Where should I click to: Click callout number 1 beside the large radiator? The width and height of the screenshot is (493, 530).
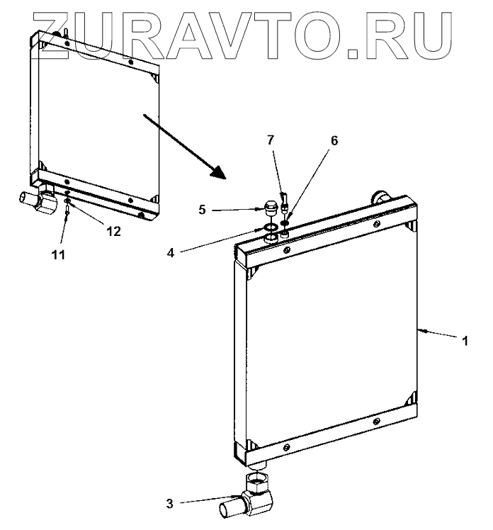465,341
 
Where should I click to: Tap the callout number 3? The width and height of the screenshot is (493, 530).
169,504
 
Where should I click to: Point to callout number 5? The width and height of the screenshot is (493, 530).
182,210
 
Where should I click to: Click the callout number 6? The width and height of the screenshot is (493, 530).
334,141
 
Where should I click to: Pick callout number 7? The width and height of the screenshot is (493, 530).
271,140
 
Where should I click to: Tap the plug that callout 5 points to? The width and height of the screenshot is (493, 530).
269,208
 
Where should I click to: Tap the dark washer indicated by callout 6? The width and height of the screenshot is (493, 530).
285,221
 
